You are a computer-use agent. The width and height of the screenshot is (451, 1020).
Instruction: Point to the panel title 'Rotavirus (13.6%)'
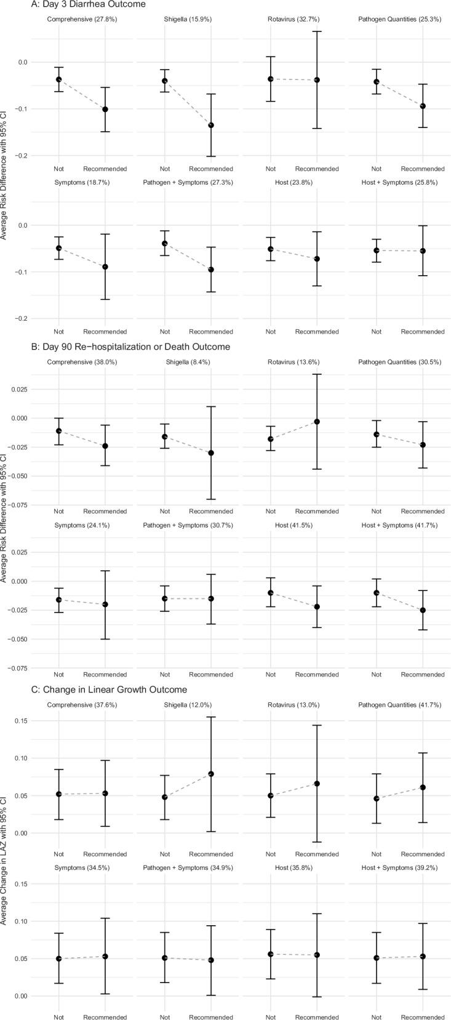pos(293,363)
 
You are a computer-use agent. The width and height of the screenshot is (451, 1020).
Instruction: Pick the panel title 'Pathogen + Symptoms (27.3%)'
pos(188,183)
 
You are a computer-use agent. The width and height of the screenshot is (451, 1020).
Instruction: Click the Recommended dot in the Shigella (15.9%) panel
pos(211,125)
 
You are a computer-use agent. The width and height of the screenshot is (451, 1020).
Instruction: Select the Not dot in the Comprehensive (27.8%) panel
pos(59,79)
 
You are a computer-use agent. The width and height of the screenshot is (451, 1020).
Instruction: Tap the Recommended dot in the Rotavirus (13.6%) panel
pos(317,422)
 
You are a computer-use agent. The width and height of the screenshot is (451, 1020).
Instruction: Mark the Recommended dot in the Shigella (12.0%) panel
pos(211,774)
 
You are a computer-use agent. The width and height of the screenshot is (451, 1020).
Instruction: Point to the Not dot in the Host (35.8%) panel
pos(271,954)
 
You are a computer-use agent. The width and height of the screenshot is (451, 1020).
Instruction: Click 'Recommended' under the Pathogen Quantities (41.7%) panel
pos(423,854)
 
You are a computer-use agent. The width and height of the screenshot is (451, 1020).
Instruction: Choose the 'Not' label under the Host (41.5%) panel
pos(271,675)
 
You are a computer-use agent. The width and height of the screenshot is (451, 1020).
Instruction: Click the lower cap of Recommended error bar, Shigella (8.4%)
pos(211,499)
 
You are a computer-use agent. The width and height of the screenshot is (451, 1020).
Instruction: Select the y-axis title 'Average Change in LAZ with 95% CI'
pos(5,856)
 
